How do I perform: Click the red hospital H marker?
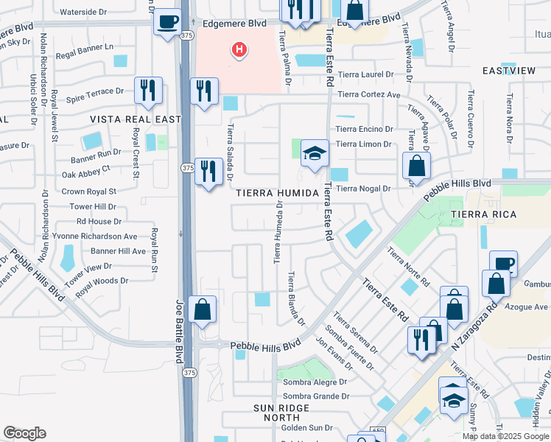239,50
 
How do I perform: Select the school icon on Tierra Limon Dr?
315,153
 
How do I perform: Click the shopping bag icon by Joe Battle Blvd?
202,311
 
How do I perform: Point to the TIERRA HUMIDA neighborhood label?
278,193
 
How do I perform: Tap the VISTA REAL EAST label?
136,119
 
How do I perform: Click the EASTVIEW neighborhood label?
508,71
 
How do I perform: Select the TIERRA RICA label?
485,214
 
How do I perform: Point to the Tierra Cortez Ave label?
369,94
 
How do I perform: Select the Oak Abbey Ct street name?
86,168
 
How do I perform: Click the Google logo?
24,433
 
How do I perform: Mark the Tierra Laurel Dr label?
364,74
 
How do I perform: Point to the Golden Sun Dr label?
307,427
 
